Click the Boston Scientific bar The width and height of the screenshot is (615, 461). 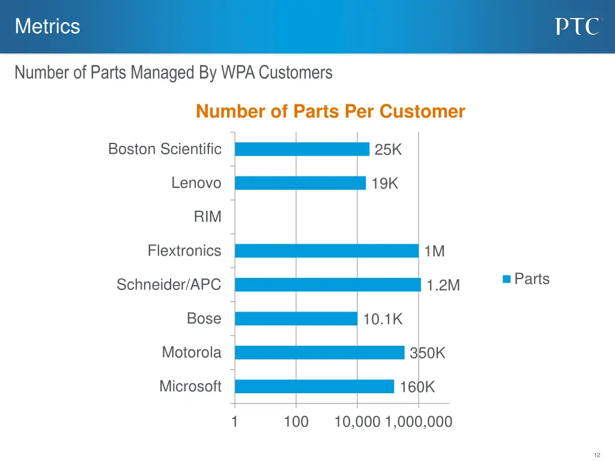point(302,149)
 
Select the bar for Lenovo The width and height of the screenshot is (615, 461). point(300,183)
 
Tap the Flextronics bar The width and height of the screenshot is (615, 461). point(327,251)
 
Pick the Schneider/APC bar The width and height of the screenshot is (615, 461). point(328,285)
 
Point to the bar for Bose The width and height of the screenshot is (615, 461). point(296,319)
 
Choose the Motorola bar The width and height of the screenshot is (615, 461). point(320,352)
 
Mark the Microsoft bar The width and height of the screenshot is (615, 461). point(314,387)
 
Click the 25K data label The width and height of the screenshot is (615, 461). point(388,150)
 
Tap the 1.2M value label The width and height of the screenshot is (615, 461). point(443,286)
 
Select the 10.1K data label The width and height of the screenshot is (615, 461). point(383,320)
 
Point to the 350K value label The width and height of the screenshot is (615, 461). point(428,354)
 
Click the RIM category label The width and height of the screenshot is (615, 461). point(207,217)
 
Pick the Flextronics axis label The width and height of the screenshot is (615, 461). point(184,251)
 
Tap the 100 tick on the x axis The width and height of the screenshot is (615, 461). point(296,422)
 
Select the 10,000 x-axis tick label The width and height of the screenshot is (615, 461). point(357,422)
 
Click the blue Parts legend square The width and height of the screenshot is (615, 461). point(507,279)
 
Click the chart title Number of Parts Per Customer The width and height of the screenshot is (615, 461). point(330,112)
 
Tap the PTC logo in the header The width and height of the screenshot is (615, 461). point(577,26)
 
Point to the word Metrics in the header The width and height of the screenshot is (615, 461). point(47,26)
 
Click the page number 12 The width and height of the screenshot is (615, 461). point(596,455)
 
